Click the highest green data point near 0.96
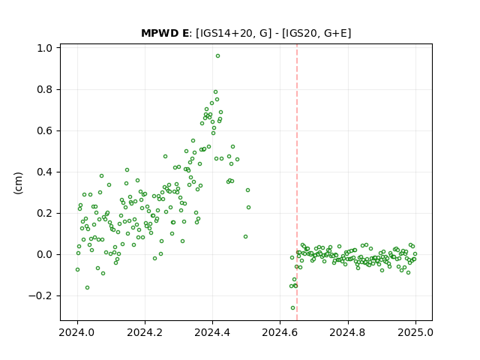(x=217, y=56)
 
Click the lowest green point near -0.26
(x=293, y=308)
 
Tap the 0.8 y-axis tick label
(x=45, y=90)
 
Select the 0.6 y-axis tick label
(x=45, y=130)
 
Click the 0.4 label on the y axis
(x=45, y=172)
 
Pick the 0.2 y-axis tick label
(x=45, y=213)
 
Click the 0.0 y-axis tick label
(x=45, y=255)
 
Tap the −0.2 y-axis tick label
(x=40, y=296)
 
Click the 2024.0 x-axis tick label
(x=77, y=332)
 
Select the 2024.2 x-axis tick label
(x=145, y=332)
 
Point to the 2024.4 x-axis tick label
(x=212, y=332)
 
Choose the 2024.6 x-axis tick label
(x=280, y=332)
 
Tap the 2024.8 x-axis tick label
(x=348, y=332)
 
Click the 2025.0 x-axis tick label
(x=415, y=332)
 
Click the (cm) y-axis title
(x=18, y=183)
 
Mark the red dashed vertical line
(x=297, y=182)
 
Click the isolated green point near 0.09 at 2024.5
(x=245, y=237)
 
